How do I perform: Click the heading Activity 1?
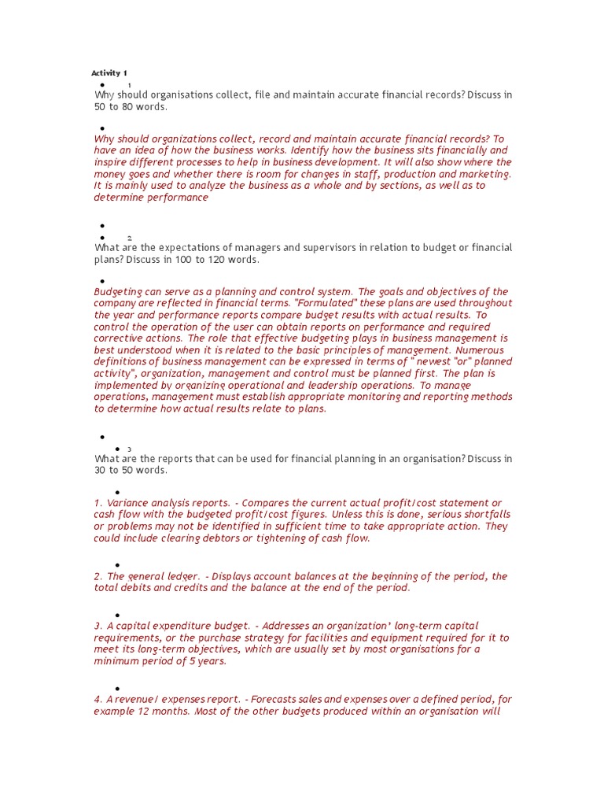click(x=109, y=73)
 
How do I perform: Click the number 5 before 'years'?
click(x=193, y=661)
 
